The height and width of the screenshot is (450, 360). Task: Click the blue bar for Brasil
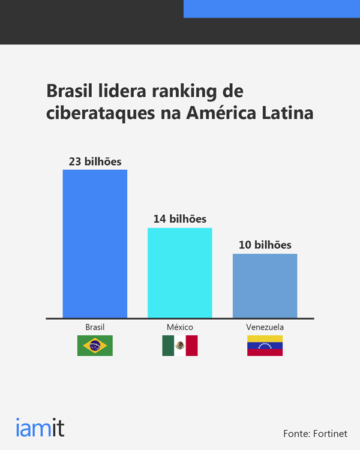95,244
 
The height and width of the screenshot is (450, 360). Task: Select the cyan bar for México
180,273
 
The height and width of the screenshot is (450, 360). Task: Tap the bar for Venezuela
265,286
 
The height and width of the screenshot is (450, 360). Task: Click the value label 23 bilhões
95,161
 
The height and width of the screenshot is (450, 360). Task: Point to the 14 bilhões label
180,219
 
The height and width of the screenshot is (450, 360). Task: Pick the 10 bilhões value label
265,245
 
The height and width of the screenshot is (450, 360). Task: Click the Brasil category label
95,327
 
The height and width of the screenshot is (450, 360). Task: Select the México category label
180,327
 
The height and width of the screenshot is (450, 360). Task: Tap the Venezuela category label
265,327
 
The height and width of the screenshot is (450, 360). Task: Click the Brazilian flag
95,346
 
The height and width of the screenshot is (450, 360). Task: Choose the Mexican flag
180,346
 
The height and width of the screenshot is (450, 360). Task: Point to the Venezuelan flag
265,346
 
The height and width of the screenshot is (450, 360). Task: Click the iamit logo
40,427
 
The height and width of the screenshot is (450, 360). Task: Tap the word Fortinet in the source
330,434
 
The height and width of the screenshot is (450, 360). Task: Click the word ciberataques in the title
100,113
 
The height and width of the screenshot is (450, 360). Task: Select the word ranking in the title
184,92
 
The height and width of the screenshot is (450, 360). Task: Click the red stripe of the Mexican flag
192,346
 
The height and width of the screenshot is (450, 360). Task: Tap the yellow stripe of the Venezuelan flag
265,338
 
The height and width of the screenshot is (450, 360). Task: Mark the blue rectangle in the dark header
272,9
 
